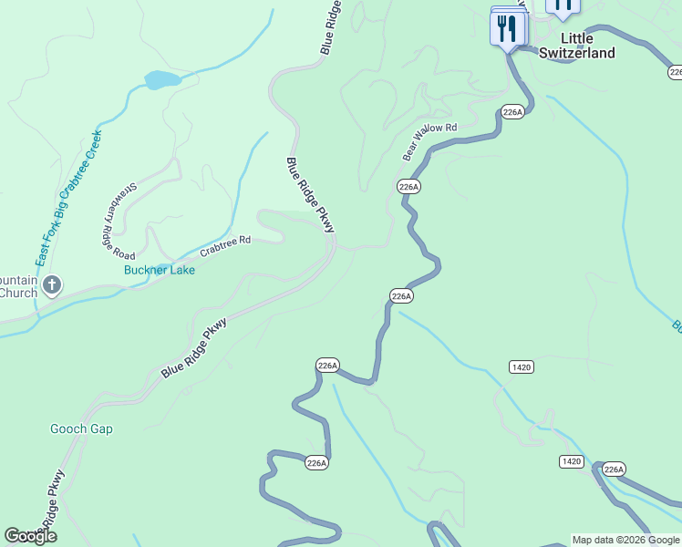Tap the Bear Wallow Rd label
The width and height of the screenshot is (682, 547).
[x=429, y=141]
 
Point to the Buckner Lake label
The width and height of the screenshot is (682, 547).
[x=160, y=270]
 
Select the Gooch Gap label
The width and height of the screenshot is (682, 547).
[x=81, y=429]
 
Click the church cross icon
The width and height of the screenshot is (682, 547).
[x=53, y=285]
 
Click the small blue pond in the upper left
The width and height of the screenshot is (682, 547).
[x=161, y=80]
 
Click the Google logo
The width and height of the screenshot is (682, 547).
[x=30, y=536]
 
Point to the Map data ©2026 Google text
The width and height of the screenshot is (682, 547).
[x=625, y=540]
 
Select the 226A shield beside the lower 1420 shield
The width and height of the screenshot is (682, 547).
[x=614, y=470]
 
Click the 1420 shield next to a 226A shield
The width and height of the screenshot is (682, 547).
[x=571, y=461]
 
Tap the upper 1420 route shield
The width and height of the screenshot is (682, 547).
[x=521, y=366]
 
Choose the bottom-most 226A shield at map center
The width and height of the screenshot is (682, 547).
[x=315, y=463]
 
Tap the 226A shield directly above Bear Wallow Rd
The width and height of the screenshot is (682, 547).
[x=512, y=112]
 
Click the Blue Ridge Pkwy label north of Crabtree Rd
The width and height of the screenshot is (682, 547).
[x=310, y=194]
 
